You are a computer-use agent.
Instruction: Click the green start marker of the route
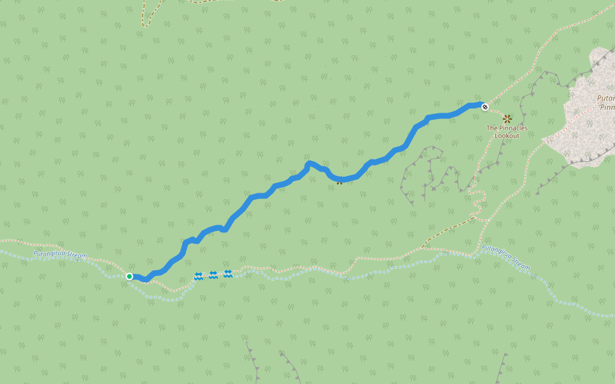129,276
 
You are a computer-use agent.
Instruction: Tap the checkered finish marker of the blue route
485,107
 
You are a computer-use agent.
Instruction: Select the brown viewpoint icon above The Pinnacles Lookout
507,118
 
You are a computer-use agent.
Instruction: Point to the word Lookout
507,136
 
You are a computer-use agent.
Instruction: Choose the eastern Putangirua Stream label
506,257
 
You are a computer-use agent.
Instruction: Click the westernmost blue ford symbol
199,276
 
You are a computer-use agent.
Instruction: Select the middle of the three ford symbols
213,275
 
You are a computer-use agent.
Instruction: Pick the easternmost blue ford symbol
227,274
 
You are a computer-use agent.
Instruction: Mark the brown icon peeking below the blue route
339,182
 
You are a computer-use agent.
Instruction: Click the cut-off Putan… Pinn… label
605,103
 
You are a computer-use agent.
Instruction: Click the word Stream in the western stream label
76,257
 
